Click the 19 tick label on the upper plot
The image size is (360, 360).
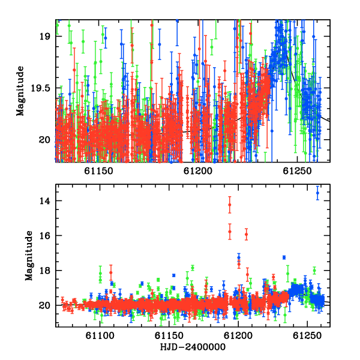[x=44, y=37]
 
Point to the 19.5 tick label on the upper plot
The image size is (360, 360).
[x=40, y=88]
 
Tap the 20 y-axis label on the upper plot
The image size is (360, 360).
[x=44, y=140]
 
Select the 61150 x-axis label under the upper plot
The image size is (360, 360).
[x=99, y=171]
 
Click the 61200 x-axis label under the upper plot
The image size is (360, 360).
[x=198, y=171]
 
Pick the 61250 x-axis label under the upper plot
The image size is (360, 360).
[x=297, y=171]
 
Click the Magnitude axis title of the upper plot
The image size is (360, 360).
[x=20, y=91]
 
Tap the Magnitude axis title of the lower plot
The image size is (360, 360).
[x=29, y=256]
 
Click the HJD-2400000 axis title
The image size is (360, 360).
[x=193, y=347]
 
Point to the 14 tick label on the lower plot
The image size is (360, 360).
[x=44, y=201]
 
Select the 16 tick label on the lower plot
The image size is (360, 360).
[x=44, y=236]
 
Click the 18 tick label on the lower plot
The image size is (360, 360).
[x=44, y=271]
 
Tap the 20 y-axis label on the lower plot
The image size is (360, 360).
[x=44, y=305]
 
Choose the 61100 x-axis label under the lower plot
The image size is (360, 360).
[x=100, y=336]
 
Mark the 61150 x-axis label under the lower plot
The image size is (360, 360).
[x=169, y=336]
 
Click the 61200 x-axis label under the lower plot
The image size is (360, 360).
[x=238, y=336]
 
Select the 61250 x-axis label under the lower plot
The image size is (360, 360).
[x=307, y=336]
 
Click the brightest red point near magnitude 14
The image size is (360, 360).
[x=230, y=205]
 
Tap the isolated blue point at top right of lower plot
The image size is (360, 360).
[x=317, y=193]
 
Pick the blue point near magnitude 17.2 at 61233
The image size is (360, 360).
[x=284, y=257]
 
